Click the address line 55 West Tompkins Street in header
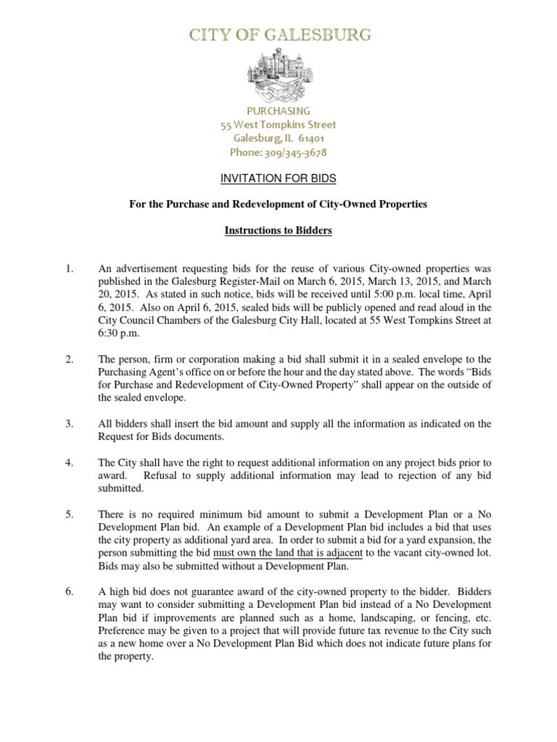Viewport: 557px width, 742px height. pos(278,125)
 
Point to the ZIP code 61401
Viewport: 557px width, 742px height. pos(309,138)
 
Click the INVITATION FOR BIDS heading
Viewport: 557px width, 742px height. pos(278,178)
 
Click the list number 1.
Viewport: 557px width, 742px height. pos(70,270)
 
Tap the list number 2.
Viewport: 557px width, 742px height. pos(70,359)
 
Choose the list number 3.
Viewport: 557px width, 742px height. pos(70,423)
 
